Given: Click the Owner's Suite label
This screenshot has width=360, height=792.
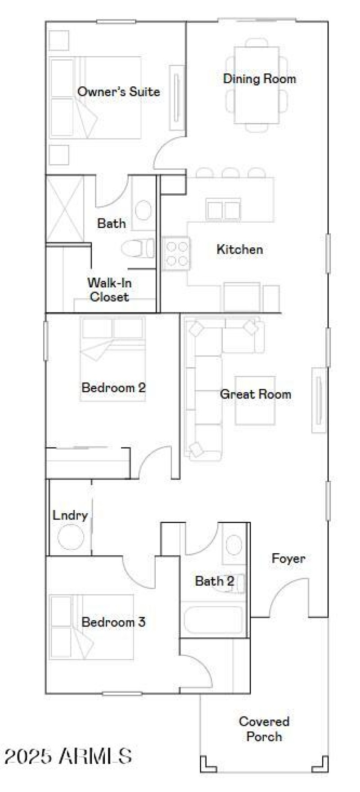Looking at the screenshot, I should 118,92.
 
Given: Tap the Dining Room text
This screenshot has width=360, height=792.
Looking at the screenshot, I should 260,79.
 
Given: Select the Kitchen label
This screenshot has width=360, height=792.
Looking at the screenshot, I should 239,249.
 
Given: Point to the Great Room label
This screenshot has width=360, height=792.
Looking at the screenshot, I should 255,394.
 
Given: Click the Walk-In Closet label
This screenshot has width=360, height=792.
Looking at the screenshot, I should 109,290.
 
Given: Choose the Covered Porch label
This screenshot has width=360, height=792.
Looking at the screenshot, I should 264,729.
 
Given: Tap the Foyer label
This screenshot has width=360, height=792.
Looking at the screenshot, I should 288,559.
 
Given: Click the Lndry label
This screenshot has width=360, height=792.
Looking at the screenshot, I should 70,515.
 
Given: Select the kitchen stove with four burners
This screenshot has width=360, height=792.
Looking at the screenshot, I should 176,254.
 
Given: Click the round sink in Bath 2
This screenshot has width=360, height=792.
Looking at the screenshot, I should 234,545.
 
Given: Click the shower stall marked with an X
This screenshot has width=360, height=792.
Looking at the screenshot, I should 65,209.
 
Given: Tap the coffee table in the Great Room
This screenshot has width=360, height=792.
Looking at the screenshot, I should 255,400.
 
